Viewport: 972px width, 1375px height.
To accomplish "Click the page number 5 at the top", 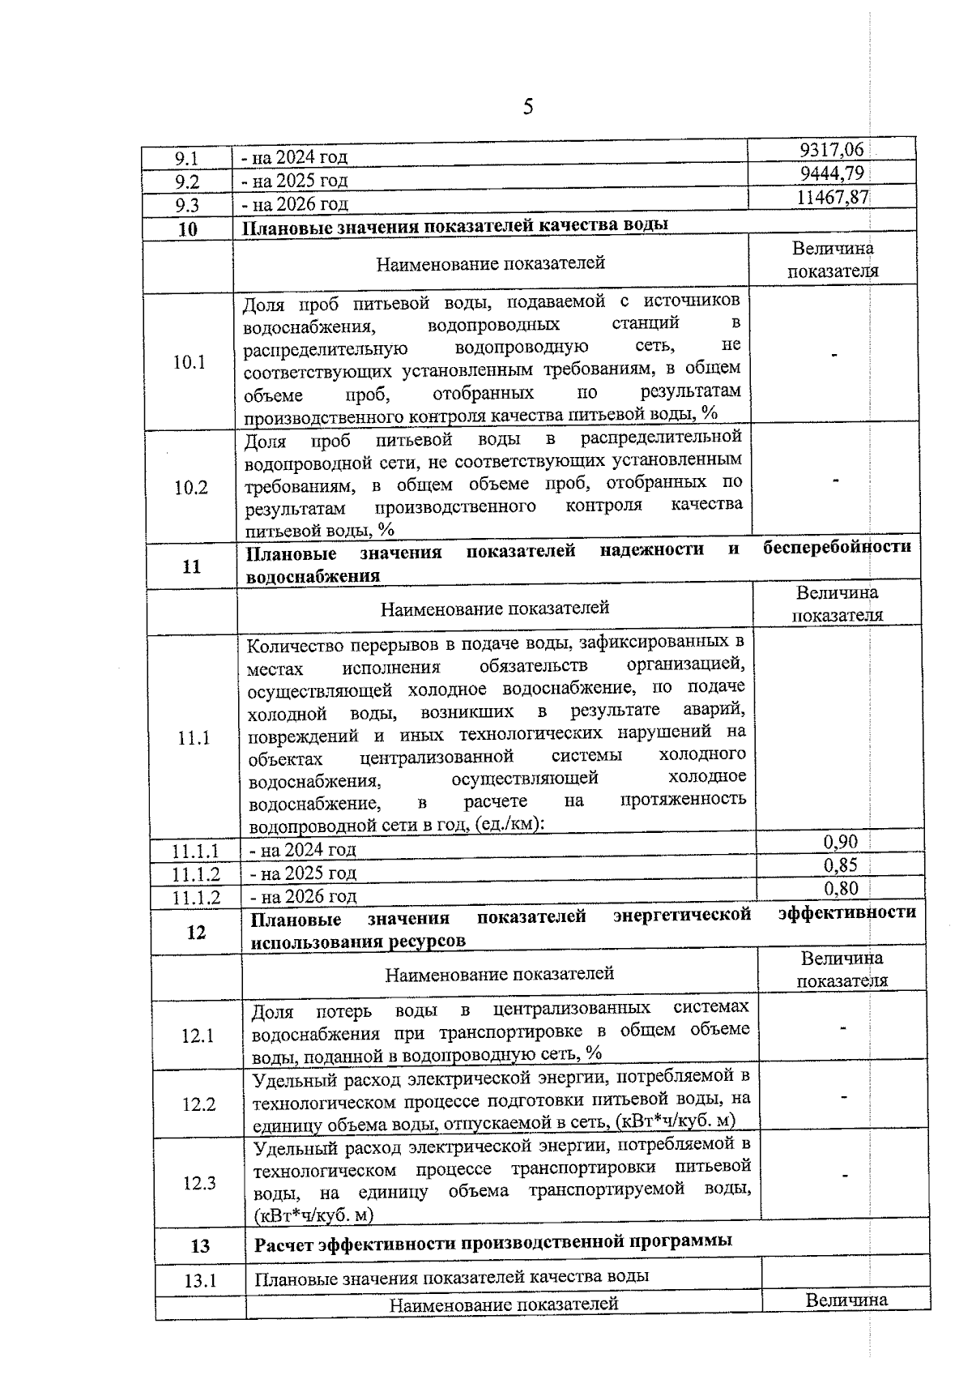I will (x=527, y=107).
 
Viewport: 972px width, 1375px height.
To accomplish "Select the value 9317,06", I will (x=831, y=149).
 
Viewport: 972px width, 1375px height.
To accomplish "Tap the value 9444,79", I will (x=832, y=173).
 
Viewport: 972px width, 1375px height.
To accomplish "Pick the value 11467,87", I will (x=832, y=197).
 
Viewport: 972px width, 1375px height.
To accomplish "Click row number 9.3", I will (x=187, y=205).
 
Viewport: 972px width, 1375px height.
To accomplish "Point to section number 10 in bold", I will (x=187, y=229).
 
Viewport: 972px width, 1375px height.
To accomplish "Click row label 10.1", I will (x=189, y=362).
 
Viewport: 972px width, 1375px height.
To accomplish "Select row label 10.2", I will (x=190, y=488).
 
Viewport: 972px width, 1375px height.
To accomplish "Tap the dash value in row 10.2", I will (x=835, y=480).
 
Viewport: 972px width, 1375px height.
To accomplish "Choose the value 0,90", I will (x=840, y=841).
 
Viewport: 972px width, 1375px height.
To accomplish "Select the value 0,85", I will (x=841, y=865).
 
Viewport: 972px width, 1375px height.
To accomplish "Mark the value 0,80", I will (x=841, y=888).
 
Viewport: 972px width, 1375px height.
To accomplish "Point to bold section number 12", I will (x=196, y=933).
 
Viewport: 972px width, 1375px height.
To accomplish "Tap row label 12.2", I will (x=198, y=1104).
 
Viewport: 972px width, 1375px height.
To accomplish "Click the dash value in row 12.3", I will (x=845, y=1175).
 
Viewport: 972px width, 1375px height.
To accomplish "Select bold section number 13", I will (x=200, y=1246).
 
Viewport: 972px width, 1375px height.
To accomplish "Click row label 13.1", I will (x=201, y=1281).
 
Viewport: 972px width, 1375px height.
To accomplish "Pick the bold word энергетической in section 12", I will (x=682, y=916).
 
